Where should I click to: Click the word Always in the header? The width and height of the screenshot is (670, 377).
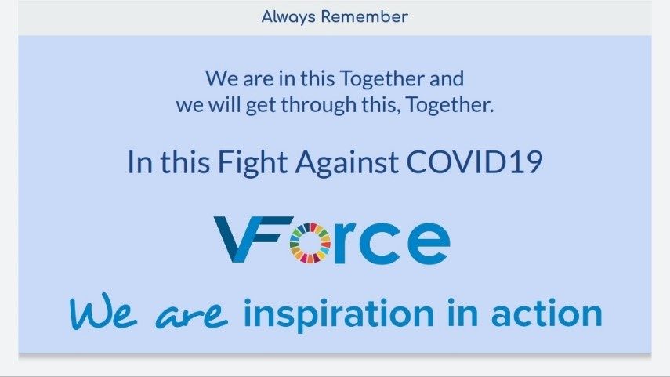(x=288, y=17)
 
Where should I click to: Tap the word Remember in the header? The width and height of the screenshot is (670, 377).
(x=364, y=16)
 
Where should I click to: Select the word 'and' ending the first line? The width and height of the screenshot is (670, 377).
(x=447, y=78)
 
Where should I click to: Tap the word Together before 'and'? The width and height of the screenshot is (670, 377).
(x=382, y=79)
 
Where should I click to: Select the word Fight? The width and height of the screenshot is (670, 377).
(x=252, y=163)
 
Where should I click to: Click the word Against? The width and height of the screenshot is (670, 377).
(x=346, y=163)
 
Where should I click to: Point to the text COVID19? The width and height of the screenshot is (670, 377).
(x=474, y=162)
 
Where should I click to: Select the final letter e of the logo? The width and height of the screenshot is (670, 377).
(x=429, y=243)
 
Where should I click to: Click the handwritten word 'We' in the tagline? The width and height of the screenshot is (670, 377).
(x=103, y=311)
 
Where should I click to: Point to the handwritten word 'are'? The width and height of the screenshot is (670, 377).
(x=191, y=315)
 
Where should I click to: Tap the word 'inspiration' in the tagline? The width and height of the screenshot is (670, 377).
(x=339, y=314)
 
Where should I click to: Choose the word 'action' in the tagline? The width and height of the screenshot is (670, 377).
(x=546, y=313)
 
